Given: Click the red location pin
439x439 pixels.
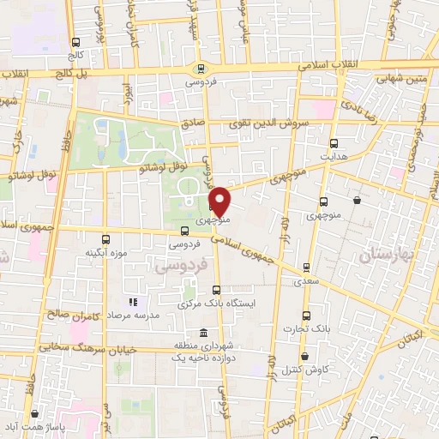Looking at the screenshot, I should pyautogui.click(x=220, y=202).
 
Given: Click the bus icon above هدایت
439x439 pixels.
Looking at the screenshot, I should pyautogui.click(x=334, y=143).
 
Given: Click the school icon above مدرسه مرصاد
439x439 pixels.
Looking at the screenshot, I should pyautogui.click(x=132, y=302).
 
